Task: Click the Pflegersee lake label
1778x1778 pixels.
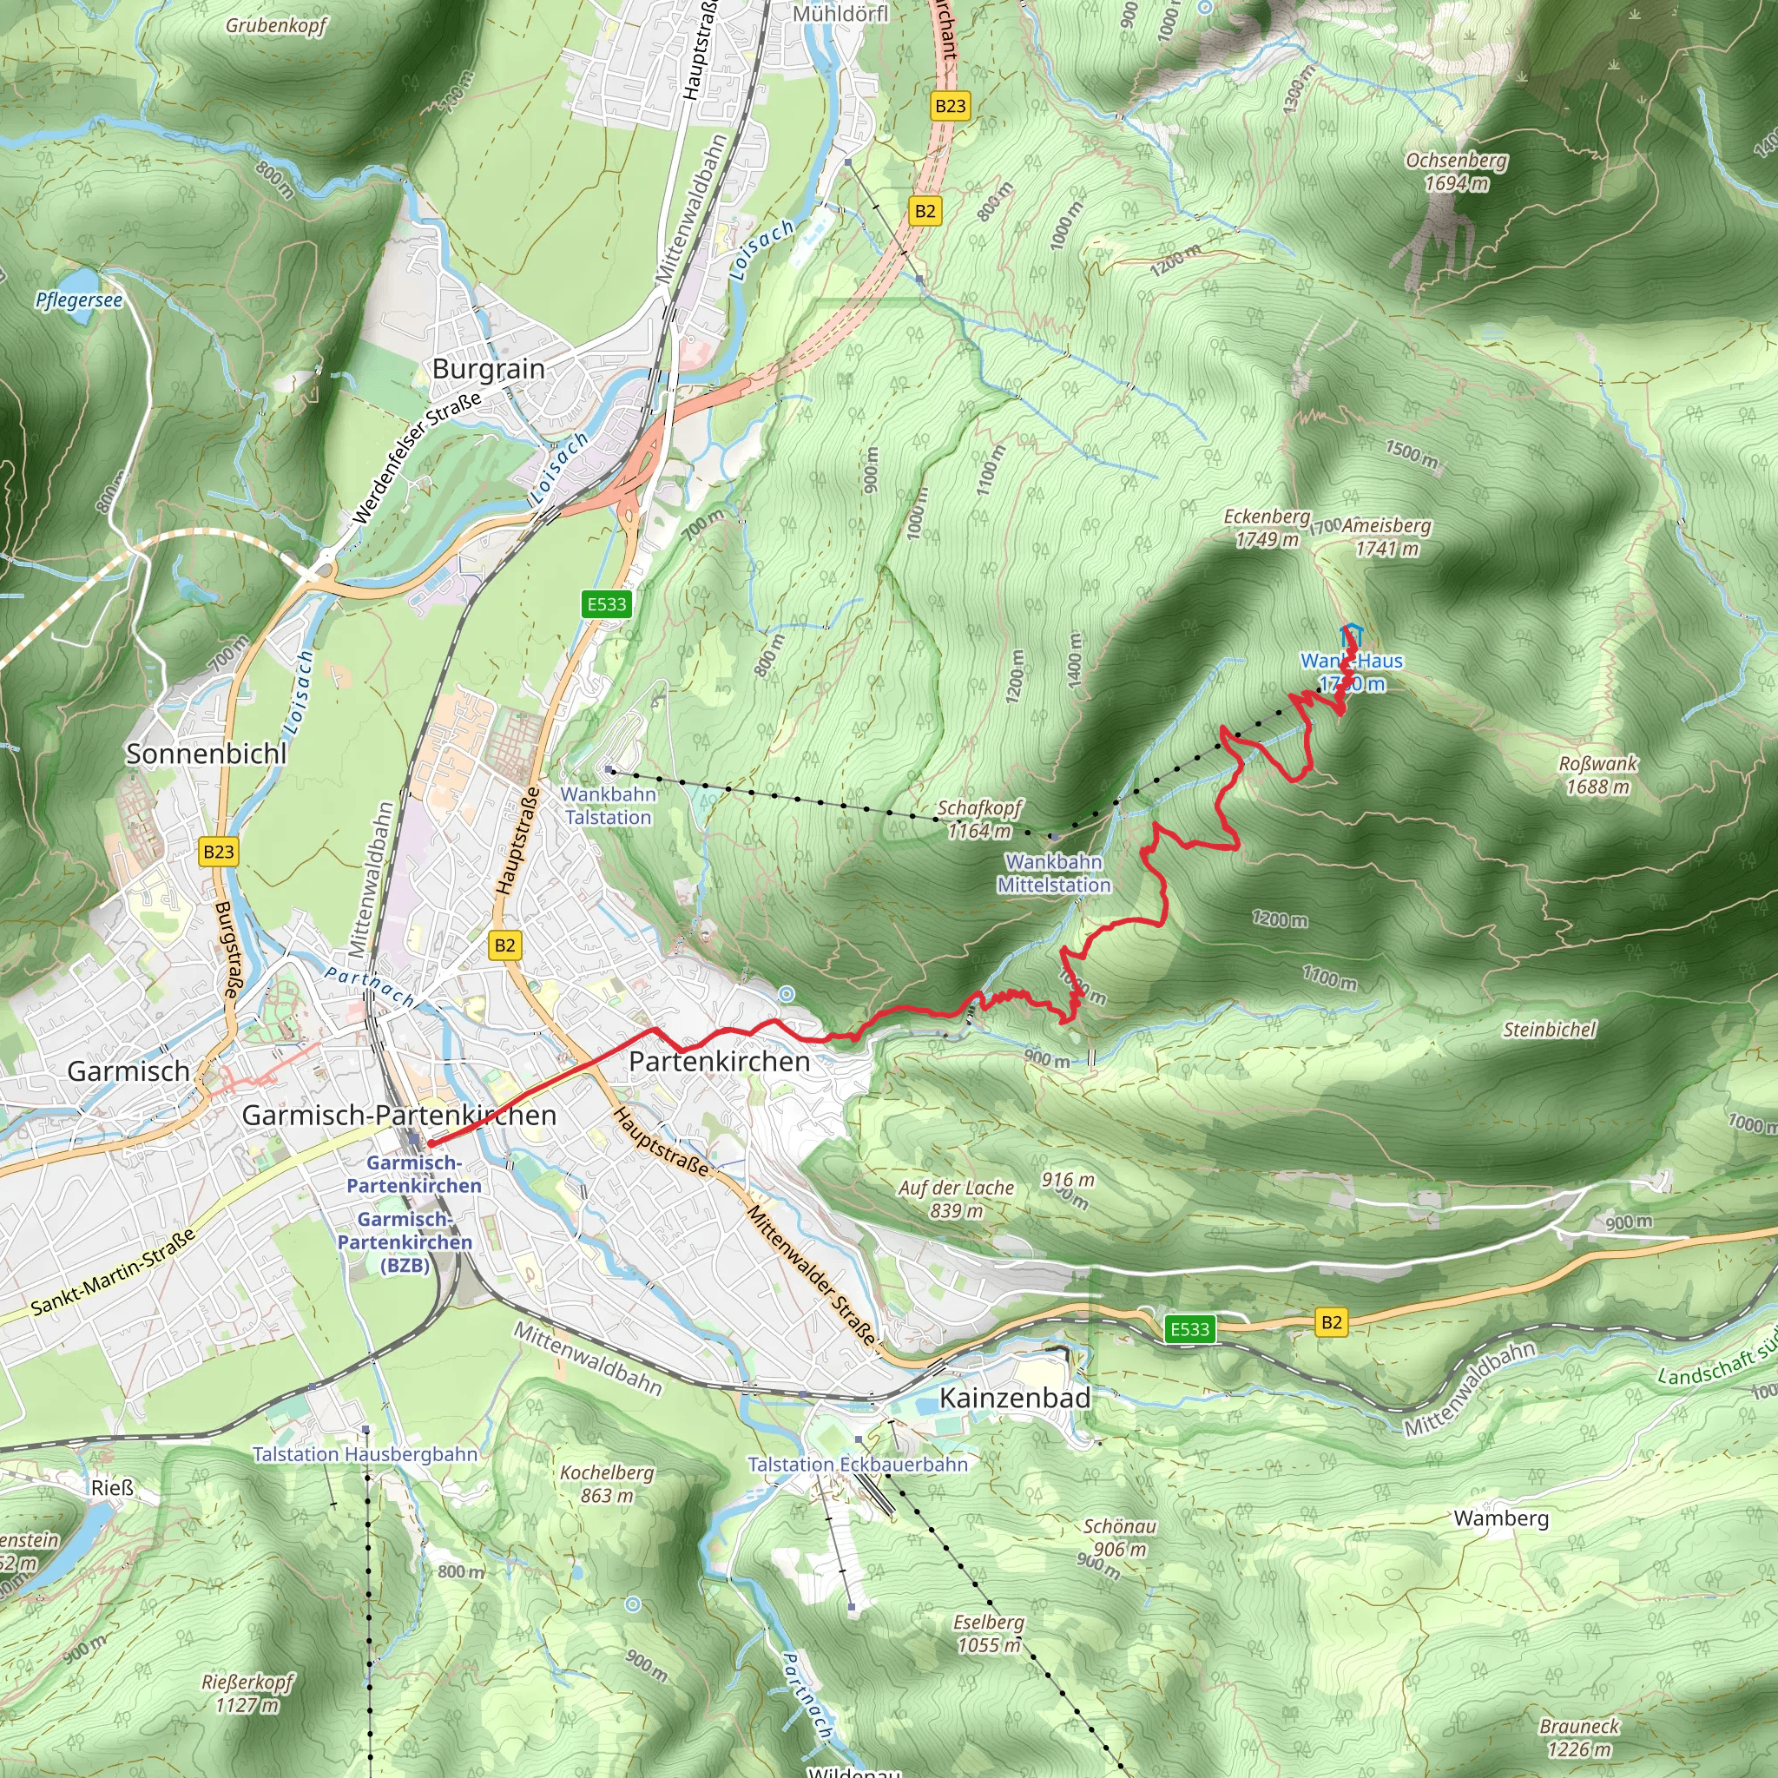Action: (78, 300)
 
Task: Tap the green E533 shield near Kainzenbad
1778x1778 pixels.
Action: (1189, 1329)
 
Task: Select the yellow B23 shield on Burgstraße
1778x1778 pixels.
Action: (219, 852)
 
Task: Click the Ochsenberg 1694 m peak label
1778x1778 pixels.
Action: (1456, 172)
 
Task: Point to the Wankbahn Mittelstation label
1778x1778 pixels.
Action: (1054, 873)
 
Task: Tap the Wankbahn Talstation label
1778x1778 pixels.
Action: (609, 806)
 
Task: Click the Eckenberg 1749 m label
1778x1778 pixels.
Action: (1267, 528)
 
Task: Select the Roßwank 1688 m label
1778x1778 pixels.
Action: (1597, 775)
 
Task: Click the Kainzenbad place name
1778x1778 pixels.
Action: (1014, 1398)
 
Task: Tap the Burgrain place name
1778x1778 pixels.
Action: (489, 369)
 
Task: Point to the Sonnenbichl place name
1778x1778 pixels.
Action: (206, 754)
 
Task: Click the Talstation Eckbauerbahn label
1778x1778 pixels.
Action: (858, 1465)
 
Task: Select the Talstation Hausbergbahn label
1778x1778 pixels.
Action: (365, 1454)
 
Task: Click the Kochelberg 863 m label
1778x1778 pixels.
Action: (607, 1484)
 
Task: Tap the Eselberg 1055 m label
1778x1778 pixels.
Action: (988, 1633)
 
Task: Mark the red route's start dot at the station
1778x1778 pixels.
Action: (430, 1144)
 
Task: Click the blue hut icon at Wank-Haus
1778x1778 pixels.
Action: (1351, 634)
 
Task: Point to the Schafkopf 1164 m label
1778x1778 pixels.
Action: (979, 819)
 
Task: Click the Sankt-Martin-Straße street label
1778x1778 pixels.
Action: (113, 1273)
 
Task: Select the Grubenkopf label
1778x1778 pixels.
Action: (276, 26)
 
